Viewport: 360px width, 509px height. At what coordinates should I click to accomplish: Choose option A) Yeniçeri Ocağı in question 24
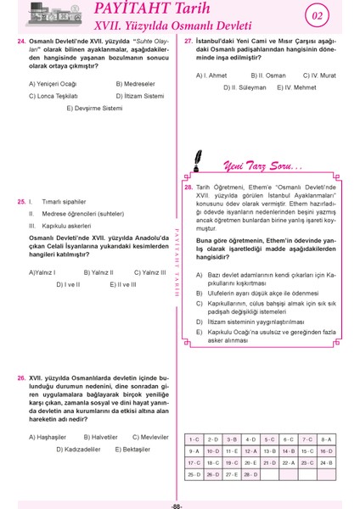(53, 84)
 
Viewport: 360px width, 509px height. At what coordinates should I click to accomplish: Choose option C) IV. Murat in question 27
(318, 76)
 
